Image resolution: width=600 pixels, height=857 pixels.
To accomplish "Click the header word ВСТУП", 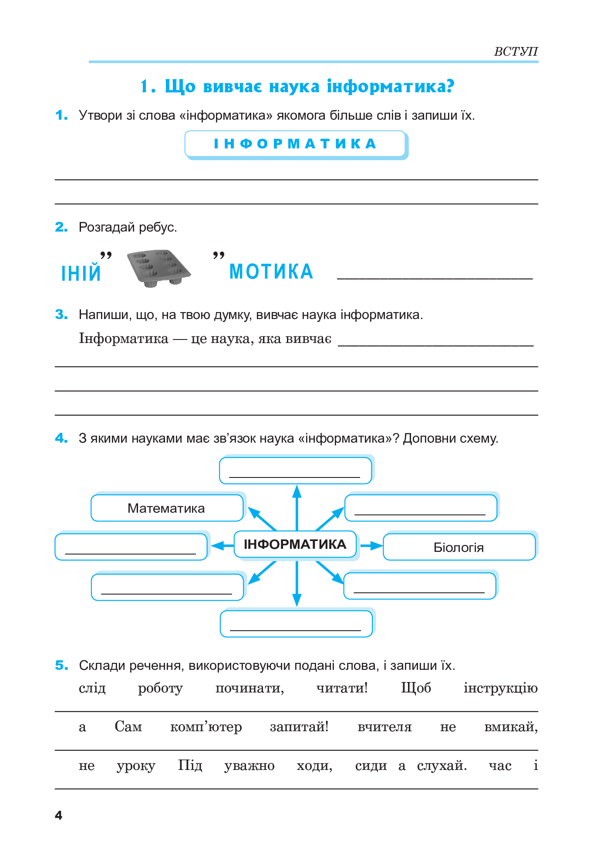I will click(x=516, y=51).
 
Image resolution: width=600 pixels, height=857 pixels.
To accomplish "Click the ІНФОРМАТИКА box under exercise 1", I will click(x=295, y=144).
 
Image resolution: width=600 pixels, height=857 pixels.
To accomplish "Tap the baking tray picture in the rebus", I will click(x=159, y=268).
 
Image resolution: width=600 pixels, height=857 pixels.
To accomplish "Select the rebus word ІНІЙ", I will click(x=81, y=273).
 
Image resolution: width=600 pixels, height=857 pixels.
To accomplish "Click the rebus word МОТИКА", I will click(x=271, y=272).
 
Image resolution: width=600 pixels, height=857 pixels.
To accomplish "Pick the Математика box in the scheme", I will click(x=166, y=508).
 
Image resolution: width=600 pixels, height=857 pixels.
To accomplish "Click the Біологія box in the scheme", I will click(x=459, y=547).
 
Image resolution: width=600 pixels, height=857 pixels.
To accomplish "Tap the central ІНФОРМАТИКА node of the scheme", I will click(x=295, y=544).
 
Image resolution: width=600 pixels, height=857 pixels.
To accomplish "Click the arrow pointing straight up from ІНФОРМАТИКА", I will click(x=297, y=507).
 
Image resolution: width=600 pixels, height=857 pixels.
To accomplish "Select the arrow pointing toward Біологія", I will click(x=371, y=545).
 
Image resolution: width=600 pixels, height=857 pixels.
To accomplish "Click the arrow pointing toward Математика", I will click(x=261, y=518).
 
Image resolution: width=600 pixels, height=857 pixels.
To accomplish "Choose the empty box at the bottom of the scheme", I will click(x=296, y=624).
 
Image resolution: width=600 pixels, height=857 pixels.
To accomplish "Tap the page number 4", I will click(x=59, y=815).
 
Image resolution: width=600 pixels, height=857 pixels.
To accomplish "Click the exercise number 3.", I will click(x=61, y=314).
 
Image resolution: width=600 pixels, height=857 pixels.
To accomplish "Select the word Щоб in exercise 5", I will click(x=416, y=688).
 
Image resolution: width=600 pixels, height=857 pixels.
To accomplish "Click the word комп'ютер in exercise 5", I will click(x=206, y=726).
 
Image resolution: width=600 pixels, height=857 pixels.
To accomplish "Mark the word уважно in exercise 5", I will click(x=249, y=766).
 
